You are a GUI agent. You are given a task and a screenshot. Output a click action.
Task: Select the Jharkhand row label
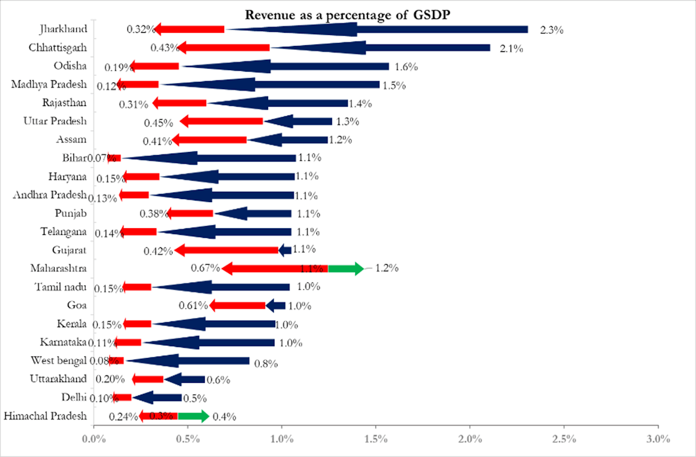[62, 29]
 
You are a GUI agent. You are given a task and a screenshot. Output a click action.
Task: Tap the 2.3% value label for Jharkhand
[552, 30]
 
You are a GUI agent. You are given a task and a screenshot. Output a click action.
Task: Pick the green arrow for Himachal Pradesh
[193, 416]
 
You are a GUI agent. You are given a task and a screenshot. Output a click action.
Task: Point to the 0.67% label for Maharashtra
[205, 268]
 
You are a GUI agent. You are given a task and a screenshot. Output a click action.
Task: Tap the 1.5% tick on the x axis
[376, 439]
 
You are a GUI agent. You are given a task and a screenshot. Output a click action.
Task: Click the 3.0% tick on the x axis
[658, 439]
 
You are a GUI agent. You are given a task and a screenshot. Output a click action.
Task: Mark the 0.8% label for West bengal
[266, 363]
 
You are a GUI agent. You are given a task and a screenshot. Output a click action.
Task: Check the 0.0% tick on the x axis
[93, 439]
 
